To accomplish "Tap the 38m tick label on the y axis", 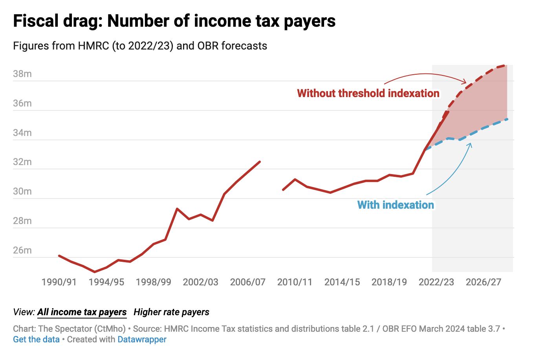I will [22, 74].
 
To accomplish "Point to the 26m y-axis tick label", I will [22, 250].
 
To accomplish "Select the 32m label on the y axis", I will [22, 162].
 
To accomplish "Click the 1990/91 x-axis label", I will [59, 282].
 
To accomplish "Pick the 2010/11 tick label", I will [295, 282].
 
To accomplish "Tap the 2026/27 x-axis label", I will [484, 282].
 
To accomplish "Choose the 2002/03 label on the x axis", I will [200, 282].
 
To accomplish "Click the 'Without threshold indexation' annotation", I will [368, 94].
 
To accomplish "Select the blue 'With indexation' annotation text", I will [396, 205].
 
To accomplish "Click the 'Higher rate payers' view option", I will [171, 312].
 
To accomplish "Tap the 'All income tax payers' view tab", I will [82, 312].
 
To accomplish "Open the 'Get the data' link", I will [36, 340].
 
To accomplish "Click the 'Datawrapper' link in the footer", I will [142, 340].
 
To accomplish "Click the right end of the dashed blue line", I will [508, 119].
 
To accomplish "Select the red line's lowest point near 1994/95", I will [95, 272].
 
